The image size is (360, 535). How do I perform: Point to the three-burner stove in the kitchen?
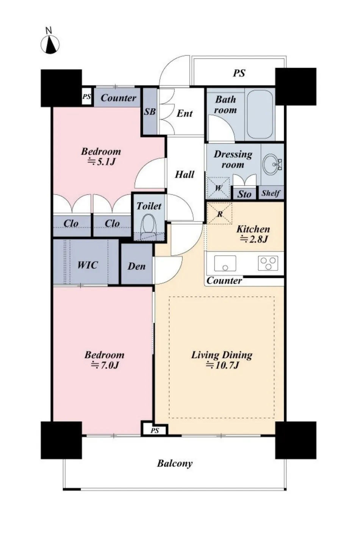pyautogui.click(x=268, y=263)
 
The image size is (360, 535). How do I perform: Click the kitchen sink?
pyautogui.click(x=225, y=263)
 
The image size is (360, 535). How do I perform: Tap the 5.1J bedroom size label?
pyautogui.click(x=101, y=162)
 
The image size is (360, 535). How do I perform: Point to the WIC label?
pyautogui.click(x=88, y=265)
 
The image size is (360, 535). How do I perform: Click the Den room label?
pyautogui.click(x=136, y=266)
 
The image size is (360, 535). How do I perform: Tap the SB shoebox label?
pyautogui.click(x=150, y=112)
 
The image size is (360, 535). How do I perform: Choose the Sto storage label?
pyautogui.click(x=244, y=194)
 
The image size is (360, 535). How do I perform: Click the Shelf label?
pyautogui.click(x=271, y=193)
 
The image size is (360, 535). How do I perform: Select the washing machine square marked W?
pyautogui.click(x=218, y=188)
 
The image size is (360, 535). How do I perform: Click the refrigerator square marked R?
pyautogui.click(x=219, y=213)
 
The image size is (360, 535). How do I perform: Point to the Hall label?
pyautogui.click(x=185, y=175)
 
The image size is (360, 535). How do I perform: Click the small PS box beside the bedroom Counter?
pyautogui.click(x=87, y=97)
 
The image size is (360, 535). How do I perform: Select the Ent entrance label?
pyautogui.click(x=185, y=113)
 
